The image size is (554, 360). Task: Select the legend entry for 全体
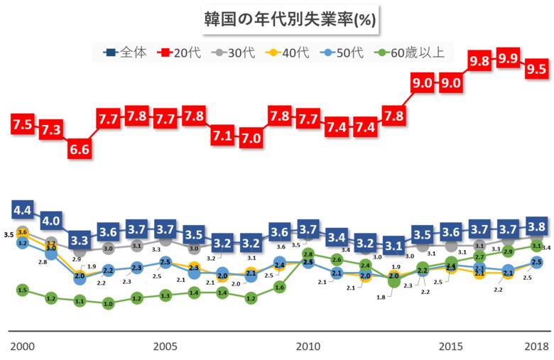point(125,52)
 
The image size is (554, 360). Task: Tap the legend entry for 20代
point(180,52)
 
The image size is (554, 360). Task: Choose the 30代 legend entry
point(235,52)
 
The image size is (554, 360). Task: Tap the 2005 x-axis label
point(165,347)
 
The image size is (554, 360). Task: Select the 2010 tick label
point(308,347)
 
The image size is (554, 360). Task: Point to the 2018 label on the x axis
point(536,347)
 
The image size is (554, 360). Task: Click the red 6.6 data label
point(80,149)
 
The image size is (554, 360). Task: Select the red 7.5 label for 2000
point(22,124)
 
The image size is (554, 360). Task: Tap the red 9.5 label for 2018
point(536,69)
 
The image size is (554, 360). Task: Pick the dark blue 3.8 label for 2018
point(536,227)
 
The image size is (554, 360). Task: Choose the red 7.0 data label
point(251,138)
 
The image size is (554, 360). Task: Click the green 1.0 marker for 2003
point(108,303)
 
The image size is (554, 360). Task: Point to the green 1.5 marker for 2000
point(22,290)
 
